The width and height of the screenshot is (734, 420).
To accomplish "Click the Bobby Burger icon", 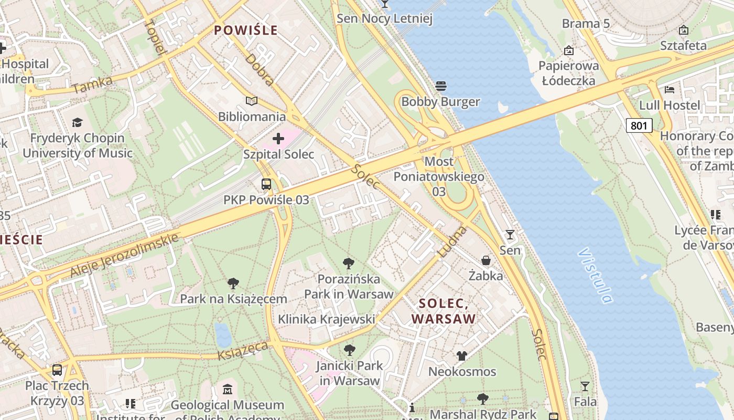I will pyautogui.click(x=440, y=86).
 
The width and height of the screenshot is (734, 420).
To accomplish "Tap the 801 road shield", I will pyautogui.click(x=639, y=125).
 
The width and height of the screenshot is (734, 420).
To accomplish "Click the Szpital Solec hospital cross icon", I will pyautogui.click(x=278, y=139).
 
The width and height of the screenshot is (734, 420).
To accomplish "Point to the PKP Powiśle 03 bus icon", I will pyautogui.click(x=266, y=184).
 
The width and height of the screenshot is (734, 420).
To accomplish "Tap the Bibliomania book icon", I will pyautogui.click(x=252, y=101).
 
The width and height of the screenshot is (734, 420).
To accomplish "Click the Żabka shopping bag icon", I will pyautogui.click(x=486, y=260).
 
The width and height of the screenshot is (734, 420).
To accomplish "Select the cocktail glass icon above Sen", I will pyautogui.click(x=510, y=235).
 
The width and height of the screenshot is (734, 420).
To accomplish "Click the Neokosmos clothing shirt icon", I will pyautogui.click(x=461, y=356).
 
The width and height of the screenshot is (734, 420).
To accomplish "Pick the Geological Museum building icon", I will pyautogui.click(x=227, y=390).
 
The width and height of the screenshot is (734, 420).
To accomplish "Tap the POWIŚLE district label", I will pyautogui.click(x=246, y=30).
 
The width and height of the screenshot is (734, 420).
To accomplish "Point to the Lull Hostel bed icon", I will pyautogui.click(x=670, y=89).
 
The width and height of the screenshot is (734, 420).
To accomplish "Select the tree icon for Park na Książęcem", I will pyautogui.click(x=233, y=283).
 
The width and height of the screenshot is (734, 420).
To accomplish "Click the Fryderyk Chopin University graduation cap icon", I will pyautogui.click(x=77, y=123).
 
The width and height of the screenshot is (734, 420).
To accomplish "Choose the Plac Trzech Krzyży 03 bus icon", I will pyautogui.click(x=57, y=370).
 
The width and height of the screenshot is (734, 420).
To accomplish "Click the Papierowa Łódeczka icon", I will pyautogui.click(x=569, y=50).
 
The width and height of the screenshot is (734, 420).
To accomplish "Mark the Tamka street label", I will pyautogui.click(x=92, y=85).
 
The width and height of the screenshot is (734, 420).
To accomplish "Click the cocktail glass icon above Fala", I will pyautogui.click(x=585, y=386).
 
